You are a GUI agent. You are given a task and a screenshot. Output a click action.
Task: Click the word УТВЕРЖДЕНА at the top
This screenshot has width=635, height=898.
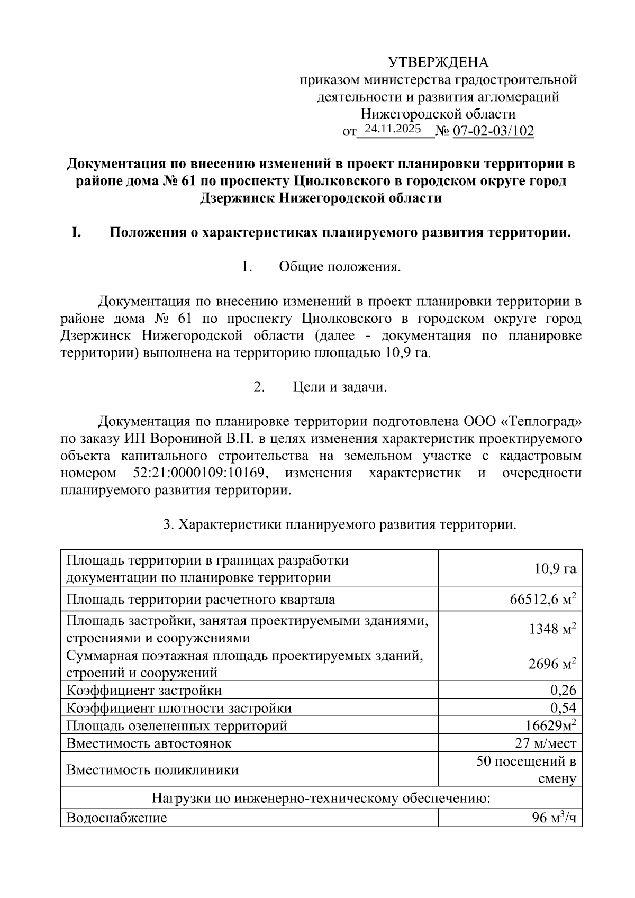[438, 62]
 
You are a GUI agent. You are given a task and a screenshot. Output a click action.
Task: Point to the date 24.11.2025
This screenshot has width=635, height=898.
[393, 129]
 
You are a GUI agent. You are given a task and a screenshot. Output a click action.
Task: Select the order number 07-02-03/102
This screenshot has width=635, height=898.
[493, 131]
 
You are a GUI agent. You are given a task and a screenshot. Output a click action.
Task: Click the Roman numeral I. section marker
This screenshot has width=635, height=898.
[76, 232]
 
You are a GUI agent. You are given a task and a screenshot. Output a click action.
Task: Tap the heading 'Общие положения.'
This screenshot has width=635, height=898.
[340, 267]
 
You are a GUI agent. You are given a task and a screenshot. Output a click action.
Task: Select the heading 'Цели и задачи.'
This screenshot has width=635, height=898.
[340, 387]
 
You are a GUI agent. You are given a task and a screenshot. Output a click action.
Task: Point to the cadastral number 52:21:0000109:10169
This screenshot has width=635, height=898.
[196, 473]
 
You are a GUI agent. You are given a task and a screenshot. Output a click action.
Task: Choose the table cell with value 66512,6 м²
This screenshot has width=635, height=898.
[542, 600]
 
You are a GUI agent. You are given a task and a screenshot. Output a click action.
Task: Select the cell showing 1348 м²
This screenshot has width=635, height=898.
[552, 629]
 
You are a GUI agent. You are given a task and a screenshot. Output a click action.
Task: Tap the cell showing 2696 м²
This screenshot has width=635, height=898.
[552, 664]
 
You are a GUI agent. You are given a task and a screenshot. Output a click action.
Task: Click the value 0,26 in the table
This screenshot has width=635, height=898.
[563, 690]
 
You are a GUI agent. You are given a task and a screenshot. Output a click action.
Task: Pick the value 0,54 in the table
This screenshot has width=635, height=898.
[563, 708]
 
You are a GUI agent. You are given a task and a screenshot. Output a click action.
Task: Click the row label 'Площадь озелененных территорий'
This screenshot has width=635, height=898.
[177, 725]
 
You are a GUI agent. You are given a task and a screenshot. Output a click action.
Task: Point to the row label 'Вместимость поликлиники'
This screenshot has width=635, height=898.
[152, 769]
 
